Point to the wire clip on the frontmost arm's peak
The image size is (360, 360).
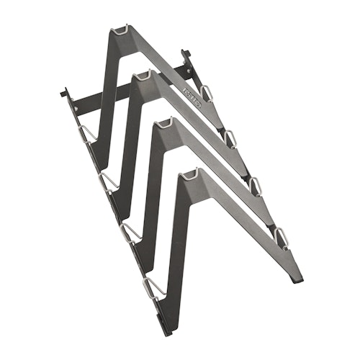click(188, 173)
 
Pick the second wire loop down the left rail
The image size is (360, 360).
click(109, 179)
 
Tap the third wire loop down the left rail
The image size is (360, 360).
click(130, 229)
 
